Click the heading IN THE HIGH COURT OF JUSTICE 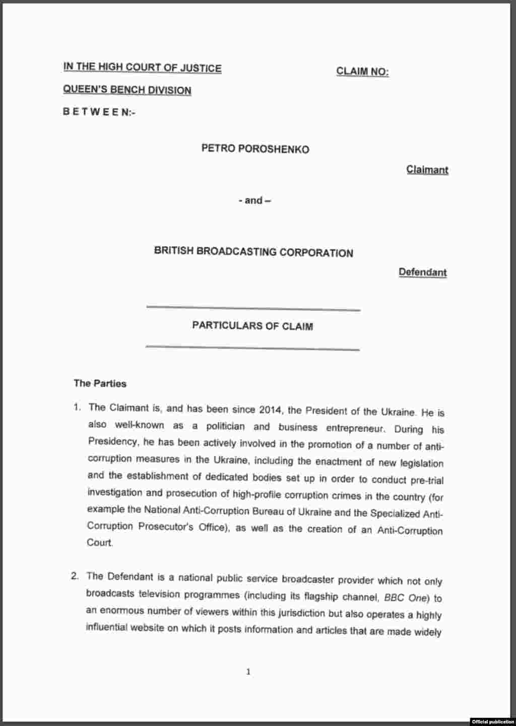142,68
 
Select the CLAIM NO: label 362,72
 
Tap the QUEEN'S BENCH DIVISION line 127,90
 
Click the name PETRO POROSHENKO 255,149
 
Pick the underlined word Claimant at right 427,170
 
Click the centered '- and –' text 254,200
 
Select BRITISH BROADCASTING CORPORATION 253,252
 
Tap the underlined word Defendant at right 422,272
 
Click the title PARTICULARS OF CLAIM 252,326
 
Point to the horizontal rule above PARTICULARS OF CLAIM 253,308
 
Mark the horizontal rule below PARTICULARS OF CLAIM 252,348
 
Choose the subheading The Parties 100,383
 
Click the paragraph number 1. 77,407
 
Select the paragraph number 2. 75,576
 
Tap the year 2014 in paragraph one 271,410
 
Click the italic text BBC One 406,598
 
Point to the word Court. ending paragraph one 100,543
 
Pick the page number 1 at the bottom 248,672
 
